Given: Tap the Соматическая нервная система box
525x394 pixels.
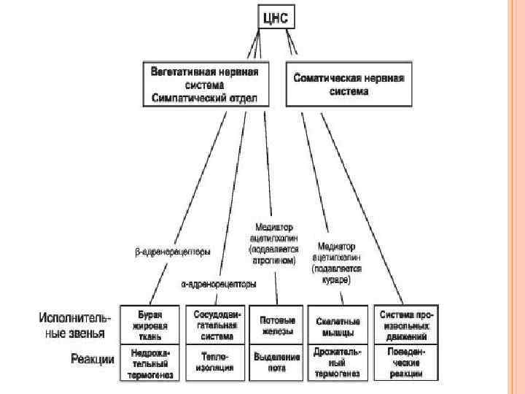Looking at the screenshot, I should tap(348, 83).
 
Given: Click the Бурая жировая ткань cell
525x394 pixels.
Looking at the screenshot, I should tap(150, 325).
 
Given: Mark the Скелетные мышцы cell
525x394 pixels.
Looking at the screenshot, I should tap(337, 325).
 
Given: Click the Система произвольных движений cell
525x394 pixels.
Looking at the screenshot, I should tap(406, 325).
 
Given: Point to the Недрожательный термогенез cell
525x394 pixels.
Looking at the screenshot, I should tap(150, 362).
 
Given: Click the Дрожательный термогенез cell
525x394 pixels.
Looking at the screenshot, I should tap(337, 362).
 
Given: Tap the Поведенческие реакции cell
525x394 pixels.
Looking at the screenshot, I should tap(406, 362).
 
